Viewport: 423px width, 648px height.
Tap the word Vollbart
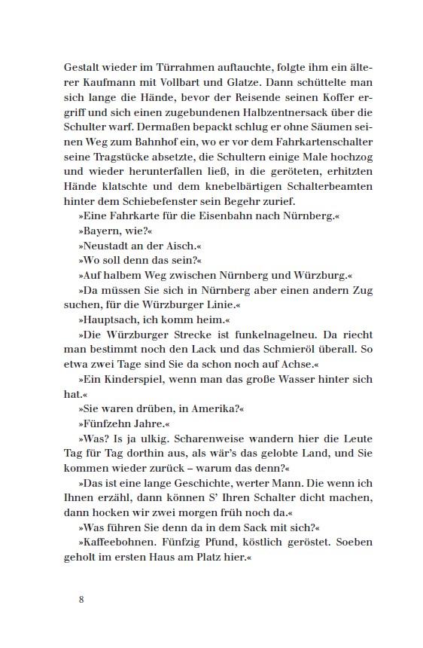[196, 82]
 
